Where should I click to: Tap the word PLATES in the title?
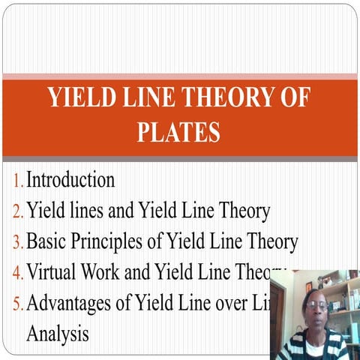pos(178,132)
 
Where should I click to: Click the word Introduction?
pos(70,181)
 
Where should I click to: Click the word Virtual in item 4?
pos(52,272)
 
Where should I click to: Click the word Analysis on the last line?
pos(57,333)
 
